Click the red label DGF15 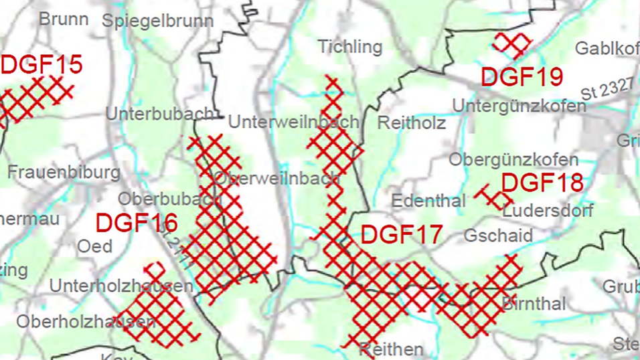(42, 65)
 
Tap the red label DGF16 (137, 223)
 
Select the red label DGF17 (402, 235)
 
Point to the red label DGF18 (542, 183)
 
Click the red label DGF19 (522, 78)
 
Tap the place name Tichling (350, 47)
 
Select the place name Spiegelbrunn (158, 21)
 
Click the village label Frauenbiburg (64, 173)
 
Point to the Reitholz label (412, 123)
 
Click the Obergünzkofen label (513, 160)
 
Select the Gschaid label (498, 236)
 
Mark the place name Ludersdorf (548, 211)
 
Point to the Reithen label (391, 349)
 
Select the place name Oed (95, 246)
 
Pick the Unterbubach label (159, 114)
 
